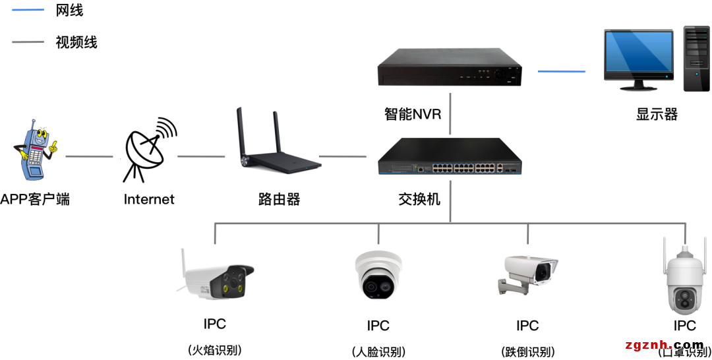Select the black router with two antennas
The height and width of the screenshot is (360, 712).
pos(278,148)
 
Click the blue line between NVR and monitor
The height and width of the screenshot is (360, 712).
pos(561,71)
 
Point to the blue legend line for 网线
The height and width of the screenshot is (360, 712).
pos(28,10)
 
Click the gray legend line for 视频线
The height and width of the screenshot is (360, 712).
pos(28,42)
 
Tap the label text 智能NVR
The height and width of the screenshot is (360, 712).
pos(413,114)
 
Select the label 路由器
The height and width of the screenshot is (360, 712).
pos(279,199)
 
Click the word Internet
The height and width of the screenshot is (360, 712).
pos(149,199)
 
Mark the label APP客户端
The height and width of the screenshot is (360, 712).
pos(35,199)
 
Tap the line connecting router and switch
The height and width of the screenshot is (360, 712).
pos(342,157)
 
